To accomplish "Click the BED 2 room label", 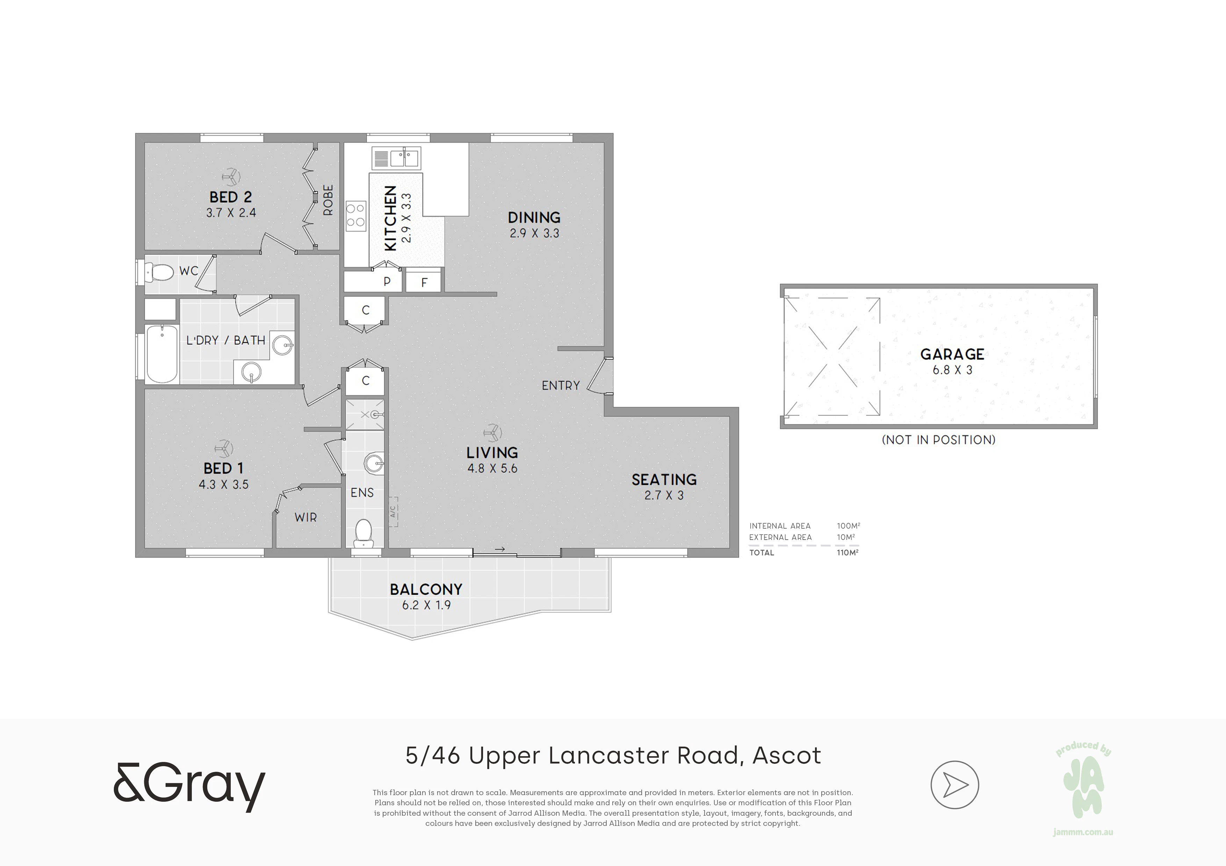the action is (231, 197).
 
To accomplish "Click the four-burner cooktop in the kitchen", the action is (356, 215).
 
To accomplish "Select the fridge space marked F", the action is (424, 281).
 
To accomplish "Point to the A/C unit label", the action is (393, 512).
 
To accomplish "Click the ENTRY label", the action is (561, 385).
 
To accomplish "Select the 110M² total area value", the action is (848, 552).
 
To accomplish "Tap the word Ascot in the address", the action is (787, 756).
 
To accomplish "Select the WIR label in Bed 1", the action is (305, 517).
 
